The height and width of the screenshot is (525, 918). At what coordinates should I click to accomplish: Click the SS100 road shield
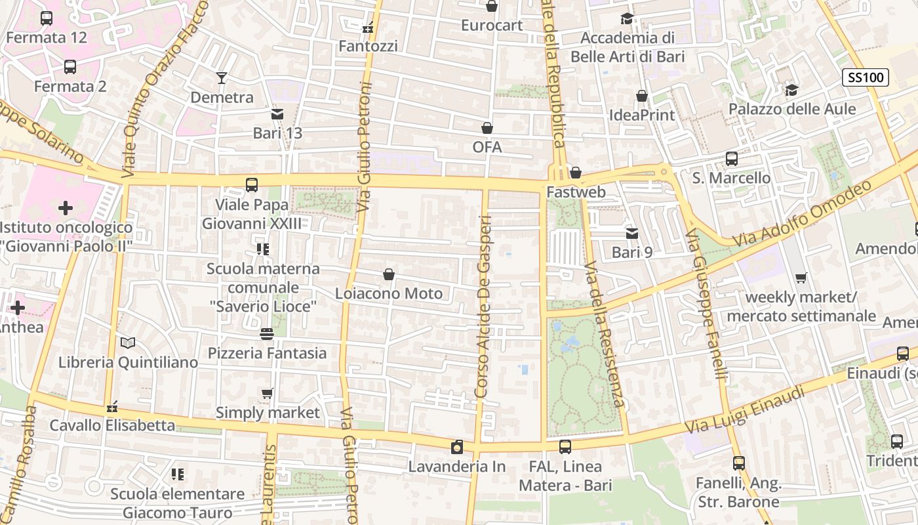[865, 77]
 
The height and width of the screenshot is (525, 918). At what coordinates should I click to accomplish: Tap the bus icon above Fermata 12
[47, 18]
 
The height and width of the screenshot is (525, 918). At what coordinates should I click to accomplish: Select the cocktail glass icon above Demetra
[222, 78]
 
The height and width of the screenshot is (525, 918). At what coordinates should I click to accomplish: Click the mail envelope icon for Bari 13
[277, 114]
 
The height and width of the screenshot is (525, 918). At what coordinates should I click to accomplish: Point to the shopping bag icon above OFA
[487, 128]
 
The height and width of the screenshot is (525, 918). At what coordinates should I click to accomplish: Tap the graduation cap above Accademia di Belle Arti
[628, 19]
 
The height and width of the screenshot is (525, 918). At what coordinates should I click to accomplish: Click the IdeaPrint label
[642, 115]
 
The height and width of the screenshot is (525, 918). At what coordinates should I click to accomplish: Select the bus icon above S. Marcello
[731, 159]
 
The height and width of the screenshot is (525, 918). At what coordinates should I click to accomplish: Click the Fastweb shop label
[576, 193]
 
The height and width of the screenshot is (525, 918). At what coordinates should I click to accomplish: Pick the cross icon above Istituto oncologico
[66, 209]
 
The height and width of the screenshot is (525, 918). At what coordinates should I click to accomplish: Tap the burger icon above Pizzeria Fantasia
[266, 334]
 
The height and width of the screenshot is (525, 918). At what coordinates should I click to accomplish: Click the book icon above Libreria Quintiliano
[128, 343]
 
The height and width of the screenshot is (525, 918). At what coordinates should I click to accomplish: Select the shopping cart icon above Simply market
[267, 394]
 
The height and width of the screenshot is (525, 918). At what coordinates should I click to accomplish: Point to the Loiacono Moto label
[389, 293]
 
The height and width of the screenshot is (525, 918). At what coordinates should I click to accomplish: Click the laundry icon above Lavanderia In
[457, 448]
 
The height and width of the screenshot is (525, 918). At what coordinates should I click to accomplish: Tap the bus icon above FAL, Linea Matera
[565, 448]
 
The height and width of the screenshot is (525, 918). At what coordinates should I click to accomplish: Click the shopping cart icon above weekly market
[801, 278]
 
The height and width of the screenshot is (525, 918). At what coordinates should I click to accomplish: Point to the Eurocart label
[492, 26]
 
